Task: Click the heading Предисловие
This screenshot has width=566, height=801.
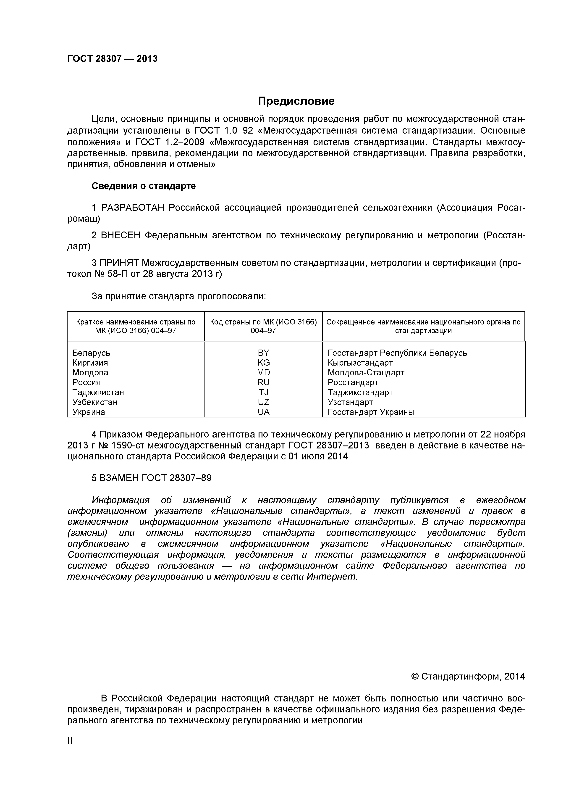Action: (296, 101)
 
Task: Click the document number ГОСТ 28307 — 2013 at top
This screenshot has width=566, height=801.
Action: (112, 59)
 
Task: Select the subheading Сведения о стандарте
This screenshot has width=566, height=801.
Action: (143, 186)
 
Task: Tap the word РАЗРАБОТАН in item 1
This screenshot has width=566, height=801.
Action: (133, 208)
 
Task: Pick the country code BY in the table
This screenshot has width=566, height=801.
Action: (263, 353)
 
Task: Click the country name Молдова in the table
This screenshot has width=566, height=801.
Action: (90, 373)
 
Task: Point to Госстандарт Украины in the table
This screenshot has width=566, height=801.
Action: (371, 412)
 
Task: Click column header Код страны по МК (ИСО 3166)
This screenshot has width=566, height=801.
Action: (263, 322)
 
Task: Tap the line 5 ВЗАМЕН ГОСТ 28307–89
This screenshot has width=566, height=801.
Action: (151, 478)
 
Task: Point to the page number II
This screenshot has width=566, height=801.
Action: (70, 751)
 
